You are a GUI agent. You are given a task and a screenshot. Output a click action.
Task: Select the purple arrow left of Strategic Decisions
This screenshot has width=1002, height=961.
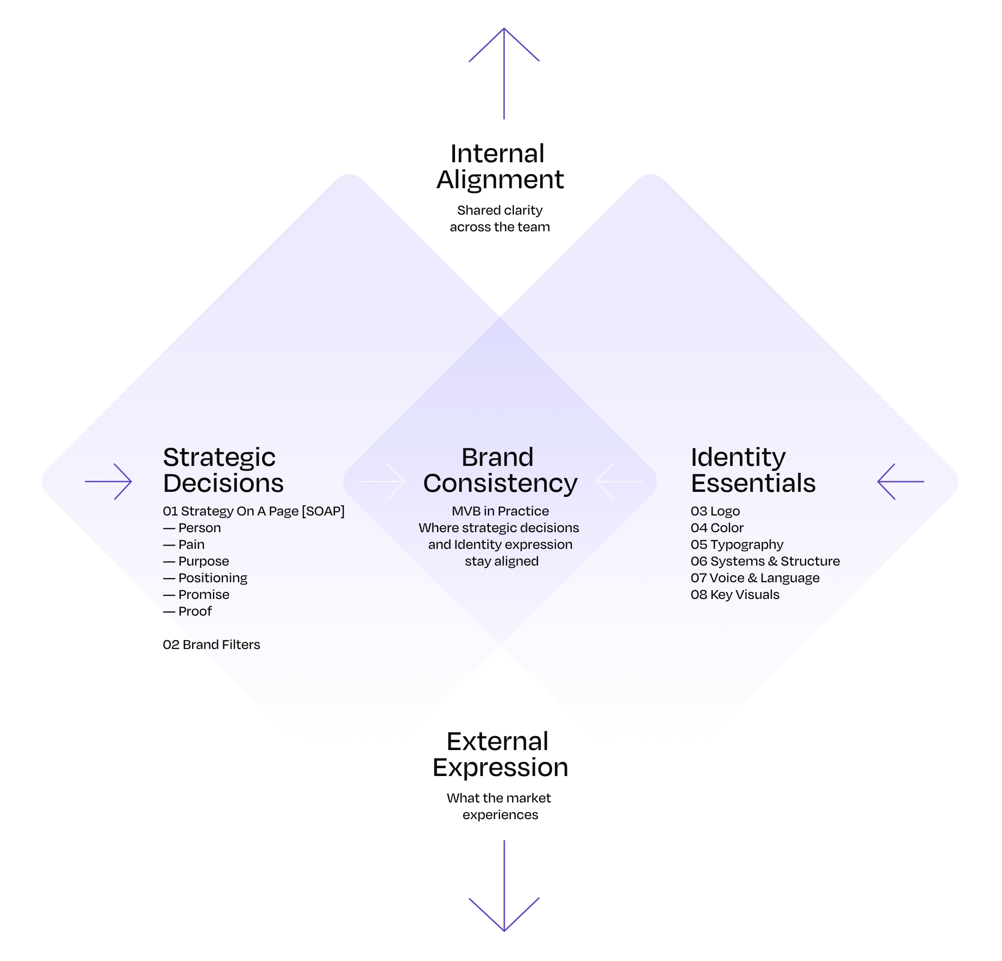[109, 481]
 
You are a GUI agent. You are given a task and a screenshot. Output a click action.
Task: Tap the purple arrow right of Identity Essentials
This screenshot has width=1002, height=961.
[901, 481]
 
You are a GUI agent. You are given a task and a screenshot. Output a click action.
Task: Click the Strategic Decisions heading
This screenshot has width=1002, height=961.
[224, 470]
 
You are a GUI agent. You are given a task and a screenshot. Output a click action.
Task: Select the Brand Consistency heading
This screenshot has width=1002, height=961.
[500, 470]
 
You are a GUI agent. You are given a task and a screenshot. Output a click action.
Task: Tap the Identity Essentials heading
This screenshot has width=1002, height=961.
[753, 470]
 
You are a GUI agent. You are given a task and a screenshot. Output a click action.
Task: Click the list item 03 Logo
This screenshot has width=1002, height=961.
[715, 511]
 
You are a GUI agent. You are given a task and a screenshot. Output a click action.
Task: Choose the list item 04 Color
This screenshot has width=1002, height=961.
[717, 528]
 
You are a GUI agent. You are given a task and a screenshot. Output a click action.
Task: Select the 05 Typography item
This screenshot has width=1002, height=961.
[737, 545]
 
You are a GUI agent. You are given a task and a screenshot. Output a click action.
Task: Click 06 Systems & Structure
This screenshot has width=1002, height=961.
[765, 561]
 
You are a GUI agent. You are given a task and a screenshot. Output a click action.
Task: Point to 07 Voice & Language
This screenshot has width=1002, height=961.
[755, 578]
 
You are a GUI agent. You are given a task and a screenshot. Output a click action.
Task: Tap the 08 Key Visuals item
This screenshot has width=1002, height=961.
[735, 595]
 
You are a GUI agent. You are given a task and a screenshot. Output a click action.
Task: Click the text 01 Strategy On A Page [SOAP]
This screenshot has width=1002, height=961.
[254, 511]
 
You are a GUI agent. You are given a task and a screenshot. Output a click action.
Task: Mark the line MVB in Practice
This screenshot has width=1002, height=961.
[500, 511]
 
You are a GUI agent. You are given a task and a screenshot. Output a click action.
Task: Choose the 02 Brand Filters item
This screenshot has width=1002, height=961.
[211, 645]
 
